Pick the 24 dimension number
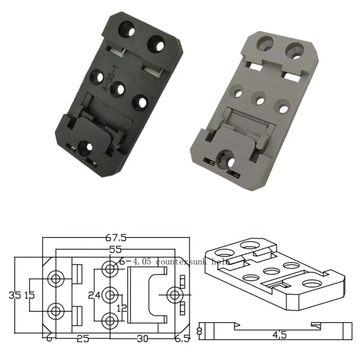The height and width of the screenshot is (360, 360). tap(94, 296)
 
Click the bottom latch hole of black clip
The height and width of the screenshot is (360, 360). tap(84, 146)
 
